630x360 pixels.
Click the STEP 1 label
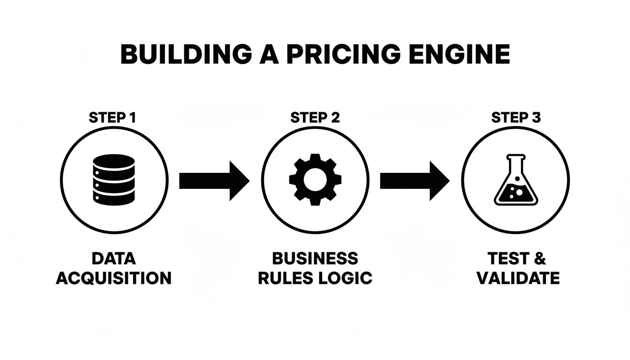112,117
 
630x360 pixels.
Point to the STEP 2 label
315,117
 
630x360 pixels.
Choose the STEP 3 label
516,117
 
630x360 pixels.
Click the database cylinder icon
114,180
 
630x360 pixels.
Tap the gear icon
315,180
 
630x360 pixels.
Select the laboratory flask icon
516,180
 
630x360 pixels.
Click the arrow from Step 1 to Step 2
214,180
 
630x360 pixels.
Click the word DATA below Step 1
114,258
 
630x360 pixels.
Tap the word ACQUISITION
114,278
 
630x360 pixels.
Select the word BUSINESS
315,258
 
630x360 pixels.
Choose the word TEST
507,258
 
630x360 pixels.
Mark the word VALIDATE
518,278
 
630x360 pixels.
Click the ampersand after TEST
540,258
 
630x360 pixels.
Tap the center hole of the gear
315,180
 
